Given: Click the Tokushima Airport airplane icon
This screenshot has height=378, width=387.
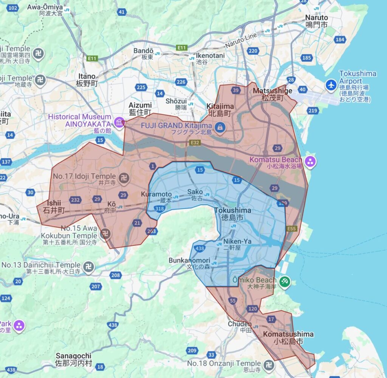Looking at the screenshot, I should tap(331, 85).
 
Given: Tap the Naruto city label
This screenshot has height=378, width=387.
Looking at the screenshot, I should tap(317, 21).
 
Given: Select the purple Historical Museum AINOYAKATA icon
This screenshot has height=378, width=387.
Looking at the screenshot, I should tap(119, 123).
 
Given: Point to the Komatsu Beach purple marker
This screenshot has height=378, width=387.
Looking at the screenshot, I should tap(310, 162).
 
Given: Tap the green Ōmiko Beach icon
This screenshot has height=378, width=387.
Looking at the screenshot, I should tap(284, 281).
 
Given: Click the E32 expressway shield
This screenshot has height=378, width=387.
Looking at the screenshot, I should tap(195, 143).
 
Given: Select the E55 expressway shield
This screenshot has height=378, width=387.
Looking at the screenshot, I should tap(291, 229).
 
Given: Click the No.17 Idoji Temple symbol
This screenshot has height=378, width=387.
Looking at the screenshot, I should tap(124, 176).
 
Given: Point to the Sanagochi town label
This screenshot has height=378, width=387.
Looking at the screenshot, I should tap(74, 359).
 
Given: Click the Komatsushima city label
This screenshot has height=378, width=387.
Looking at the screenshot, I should tap(288, 338).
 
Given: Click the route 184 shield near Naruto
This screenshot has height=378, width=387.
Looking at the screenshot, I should tap(340, 40).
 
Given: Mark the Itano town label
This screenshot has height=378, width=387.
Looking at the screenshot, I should tap(87, 80).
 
